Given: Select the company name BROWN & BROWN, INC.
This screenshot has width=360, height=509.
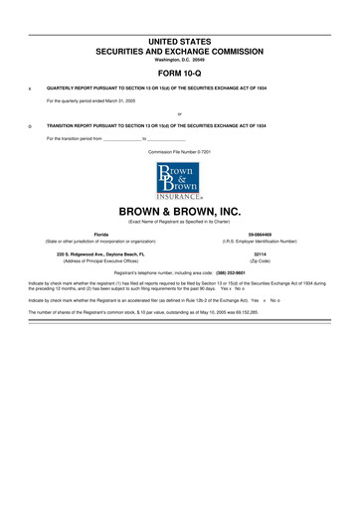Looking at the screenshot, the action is pyautogui.click(x=180, y=212).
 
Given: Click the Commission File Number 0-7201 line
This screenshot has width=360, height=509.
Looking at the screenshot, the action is pyautogui.click(x=180, y=150).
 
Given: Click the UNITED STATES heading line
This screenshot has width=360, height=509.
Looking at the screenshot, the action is pyautogui.click(x=180, y=41).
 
